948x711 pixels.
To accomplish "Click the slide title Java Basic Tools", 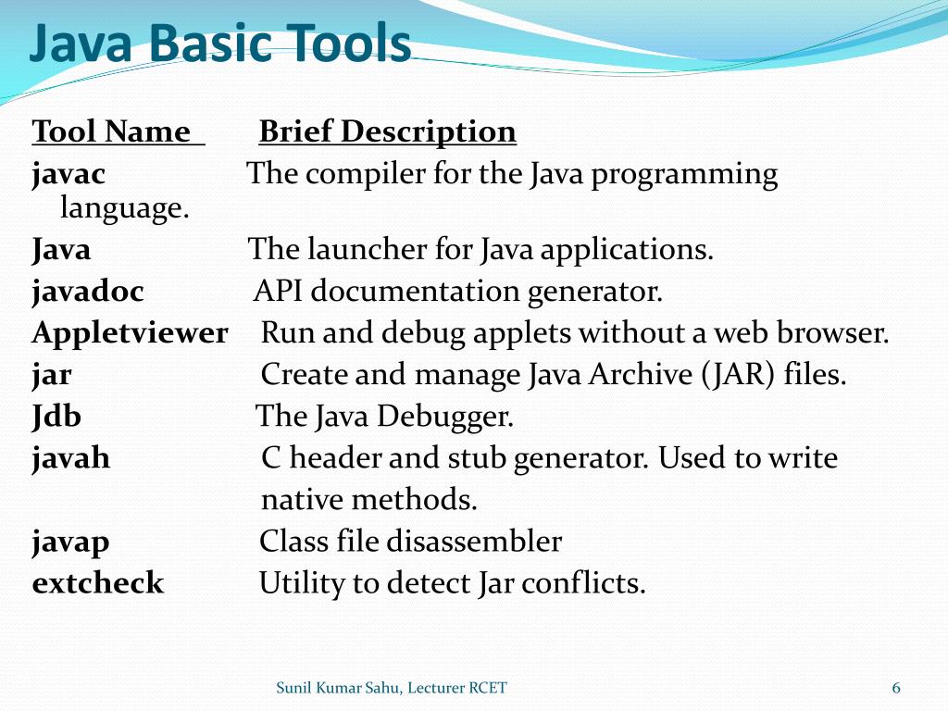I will [x=219, y=44].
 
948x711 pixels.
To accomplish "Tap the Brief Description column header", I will [x=387, y=132].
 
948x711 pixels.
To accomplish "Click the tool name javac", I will [x=69, y=174].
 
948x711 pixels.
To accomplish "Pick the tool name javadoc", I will [x=88, y=292].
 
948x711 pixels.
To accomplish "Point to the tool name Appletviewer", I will [x=130, y=333].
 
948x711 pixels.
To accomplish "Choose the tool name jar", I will [x=52, y=375].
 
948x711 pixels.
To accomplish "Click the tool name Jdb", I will [x=56, y=417].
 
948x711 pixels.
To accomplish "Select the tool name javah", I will [x=71, y=458].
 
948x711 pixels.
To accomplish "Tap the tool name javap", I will [x=70, y=542].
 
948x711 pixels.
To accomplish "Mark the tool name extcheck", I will [x=97, y=583].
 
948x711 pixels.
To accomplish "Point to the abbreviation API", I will [x=275, y=292].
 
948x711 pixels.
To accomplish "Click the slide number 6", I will [x=895, y=688].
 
